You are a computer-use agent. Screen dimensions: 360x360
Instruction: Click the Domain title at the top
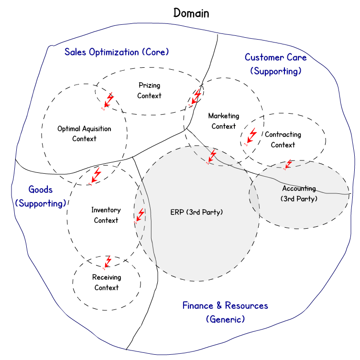click(191, 13)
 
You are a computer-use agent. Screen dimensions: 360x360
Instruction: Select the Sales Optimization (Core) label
click(117, 52)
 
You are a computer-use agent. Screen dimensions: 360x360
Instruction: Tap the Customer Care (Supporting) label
click(276, 64)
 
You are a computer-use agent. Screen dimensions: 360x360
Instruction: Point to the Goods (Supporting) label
click(40, 196)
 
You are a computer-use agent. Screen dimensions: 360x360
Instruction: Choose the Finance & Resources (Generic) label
click(225, 312)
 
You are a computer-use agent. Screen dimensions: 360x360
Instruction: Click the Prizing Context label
click(149, 90)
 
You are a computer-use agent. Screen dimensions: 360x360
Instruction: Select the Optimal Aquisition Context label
click(84, 134)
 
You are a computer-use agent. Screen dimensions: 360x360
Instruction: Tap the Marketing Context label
click(224, 121)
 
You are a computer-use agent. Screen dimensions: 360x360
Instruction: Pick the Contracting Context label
click(283, 139)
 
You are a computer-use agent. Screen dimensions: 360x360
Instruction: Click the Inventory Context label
click(106, 215)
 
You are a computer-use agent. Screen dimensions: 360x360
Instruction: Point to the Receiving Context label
click(107, 282)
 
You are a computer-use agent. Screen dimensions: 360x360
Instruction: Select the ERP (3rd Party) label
click(196, 212)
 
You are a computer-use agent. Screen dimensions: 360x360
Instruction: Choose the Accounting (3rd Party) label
click(299, 193)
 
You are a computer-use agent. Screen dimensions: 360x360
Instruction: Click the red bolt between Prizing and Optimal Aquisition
click(109, 100)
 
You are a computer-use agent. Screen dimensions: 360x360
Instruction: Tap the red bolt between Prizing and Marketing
click(196, 97)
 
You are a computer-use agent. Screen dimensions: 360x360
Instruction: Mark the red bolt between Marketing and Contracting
click(250, 137)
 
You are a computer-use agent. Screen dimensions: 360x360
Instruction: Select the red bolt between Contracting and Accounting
click(288, 164)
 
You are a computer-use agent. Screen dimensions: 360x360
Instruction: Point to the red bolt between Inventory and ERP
click(139, 216)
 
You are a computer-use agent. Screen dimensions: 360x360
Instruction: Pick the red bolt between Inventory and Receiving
click(108, 261)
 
